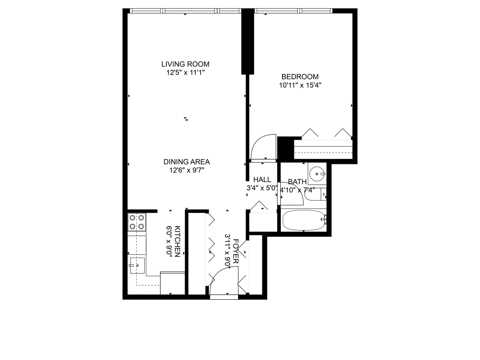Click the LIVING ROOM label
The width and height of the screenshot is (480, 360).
click(x=185, y=64)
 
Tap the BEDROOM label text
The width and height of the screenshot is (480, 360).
click(x=300, y=77)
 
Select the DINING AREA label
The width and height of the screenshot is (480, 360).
click(x=187, y=162)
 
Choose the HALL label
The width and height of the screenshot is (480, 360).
click(x=262, y=180)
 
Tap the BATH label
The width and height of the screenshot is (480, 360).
click(x=297, y=182)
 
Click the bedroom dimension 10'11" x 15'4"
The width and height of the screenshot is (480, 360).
click(x=300, y=85)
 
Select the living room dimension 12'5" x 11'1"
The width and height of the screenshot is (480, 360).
click(x=185, y=73)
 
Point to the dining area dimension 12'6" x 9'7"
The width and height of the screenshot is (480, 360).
click(x=187, y=171)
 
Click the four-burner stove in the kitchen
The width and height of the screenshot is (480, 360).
click(x=137, y=222)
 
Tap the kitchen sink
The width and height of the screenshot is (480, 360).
click(x=137, y=265)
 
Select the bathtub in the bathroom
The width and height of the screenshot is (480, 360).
click(x=304, y=220)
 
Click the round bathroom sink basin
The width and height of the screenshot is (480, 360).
click(x=317, y=173)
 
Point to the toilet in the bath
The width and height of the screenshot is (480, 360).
click(x=315, y=194)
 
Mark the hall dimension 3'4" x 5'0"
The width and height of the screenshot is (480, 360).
click(x=262, y=188)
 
